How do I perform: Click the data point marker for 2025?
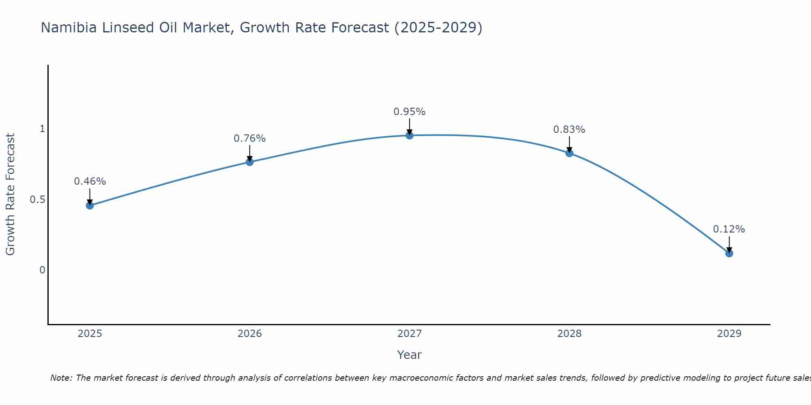tap(90, 205)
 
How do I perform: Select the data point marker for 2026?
tap(250, 162)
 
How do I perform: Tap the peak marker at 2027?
tap(410, 135)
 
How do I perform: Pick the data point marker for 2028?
tap(569, 153)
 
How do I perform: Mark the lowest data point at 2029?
tap(729, 253)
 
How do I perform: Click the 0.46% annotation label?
tap(90, 181)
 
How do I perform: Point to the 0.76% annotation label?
tap(250, 139)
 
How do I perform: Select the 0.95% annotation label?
tap(410, 112)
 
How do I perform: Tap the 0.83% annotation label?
tap(569, 130)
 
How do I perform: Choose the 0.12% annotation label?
tap(729, 229)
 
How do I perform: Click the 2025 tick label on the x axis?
tap(90, 334)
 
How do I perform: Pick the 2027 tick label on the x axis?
tap(410, 334)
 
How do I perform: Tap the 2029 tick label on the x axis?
tap(729, 334)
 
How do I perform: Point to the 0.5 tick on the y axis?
tap(37, 200)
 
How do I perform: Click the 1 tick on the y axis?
tap(42, 129)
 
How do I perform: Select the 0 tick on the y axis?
tap(42, 270)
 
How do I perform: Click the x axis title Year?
tap(410, 355)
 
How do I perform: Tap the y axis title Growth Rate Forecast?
tap(10, 194)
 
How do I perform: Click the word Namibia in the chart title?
tap(69, 28)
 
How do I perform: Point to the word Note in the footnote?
tap(60, 378)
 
